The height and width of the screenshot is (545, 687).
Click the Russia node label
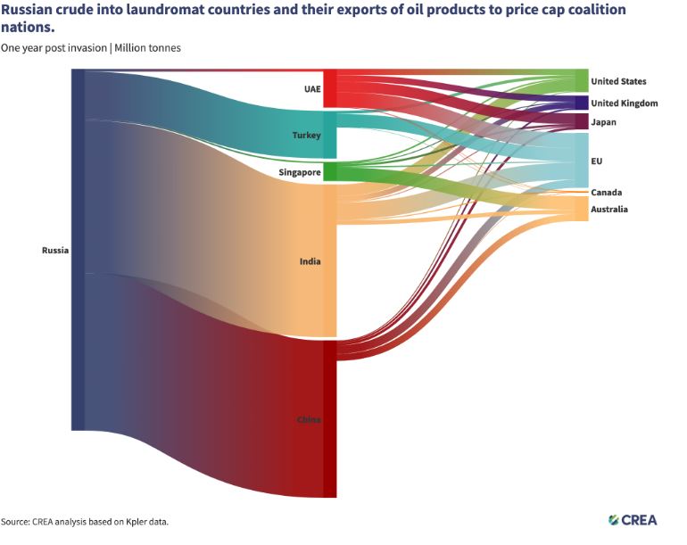coord(55,250)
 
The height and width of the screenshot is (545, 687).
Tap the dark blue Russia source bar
coord(78,250)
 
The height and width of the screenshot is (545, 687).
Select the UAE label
coord(311,89)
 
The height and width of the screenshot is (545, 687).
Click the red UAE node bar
coord(329,88)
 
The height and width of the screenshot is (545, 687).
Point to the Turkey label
coord(306,135)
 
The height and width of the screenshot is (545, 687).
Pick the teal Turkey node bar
coord(329,135)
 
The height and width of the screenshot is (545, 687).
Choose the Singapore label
coord(300,172)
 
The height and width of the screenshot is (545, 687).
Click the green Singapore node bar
coord(329,171)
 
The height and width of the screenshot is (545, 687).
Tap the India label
coord(310,261)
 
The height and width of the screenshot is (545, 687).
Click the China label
coord(309,419)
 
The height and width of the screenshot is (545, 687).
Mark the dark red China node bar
coord(329,419)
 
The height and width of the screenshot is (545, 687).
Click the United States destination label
coord(618,81)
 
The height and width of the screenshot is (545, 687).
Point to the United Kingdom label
coord(624,103)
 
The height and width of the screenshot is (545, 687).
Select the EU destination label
coord(597,161)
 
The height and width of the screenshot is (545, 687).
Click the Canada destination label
coord(607,193)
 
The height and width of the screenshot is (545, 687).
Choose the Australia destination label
coord(609,210)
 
